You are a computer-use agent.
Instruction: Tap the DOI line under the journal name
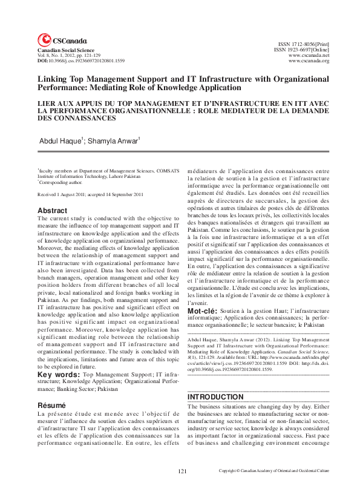[x=81, y=61]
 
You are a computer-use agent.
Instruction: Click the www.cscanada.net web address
[x=309, y=56]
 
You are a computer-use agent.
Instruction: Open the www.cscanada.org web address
[x=309, y=61]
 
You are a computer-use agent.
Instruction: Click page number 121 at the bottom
[x=182, y=470]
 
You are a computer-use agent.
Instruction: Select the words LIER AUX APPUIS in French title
[x=68, y=103]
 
